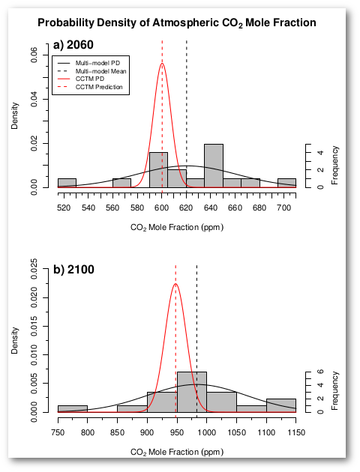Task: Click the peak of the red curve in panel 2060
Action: [x=162, y=64]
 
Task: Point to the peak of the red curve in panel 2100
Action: [x=175, y=284]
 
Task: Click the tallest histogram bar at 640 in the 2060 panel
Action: [x=214, y=165]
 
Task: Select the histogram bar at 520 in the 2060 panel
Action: [x=67, y=183]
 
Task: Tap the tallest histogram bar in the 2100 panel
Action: [x=191, y=391]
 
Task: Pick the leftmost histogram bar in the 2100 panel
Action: [x=73, y=408]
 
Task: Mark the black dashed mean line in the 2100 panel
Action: [x=196, y=337]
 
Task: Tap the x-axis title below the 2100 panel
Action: [x=177, y=452]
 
